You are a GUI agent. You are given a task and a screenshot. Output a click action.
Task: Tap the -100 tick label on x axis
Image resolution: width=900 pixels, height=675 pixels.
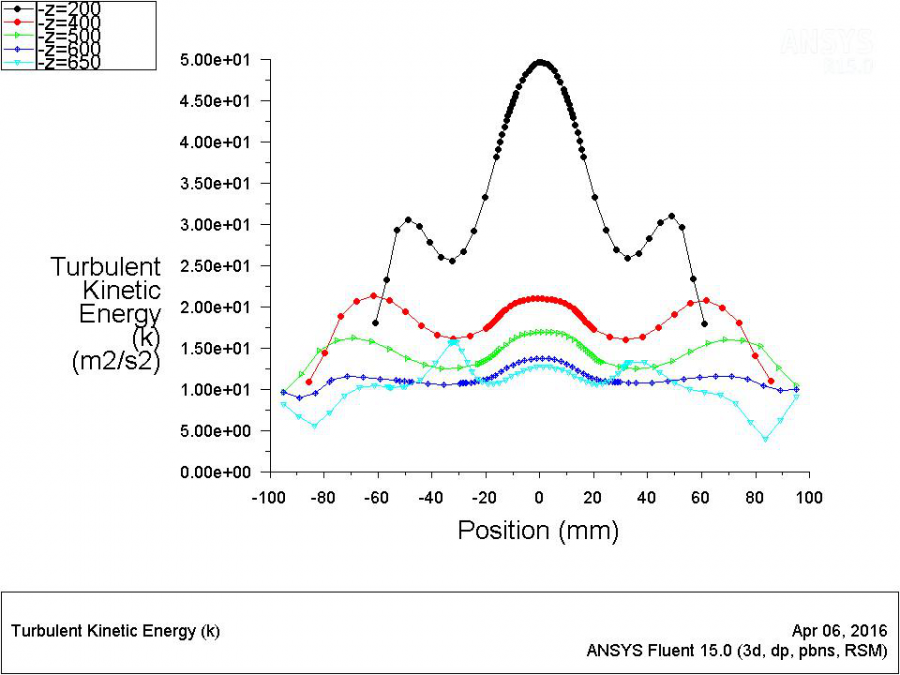[268, 497]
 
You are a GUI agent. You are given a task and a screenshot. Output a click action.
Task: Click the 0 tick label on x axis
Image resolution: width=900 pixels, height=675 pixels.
[539, 497]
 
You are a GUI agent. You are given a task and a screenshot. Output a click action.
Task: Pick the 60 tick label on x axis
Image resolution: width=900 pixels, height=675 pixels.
[701, 497]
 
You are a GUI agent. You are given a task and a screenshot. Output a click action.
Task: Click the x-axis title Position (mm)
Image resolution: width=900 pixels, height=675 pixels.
[538, 529]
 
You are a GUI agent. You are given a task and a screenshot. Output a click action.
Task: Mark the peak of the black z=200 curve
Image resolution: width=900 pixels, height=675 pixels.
[540, 62]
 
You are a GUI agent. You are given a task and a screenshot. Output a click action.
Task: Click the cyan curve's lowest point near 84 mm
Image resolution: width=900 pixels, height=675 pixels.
[766, 439]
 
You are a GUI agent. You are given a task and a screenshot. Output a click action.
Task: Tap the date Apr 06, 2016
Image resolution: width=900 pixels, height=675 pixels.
[838, 631]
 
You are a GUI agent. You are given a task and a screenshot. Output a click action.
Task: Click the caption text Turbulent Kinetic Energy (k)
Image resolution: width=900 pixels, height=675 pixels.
[115, 631]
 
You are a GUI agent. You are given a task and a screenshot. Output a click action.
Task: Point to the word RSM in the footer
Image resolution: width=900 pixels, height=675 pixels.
[865, 650]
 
